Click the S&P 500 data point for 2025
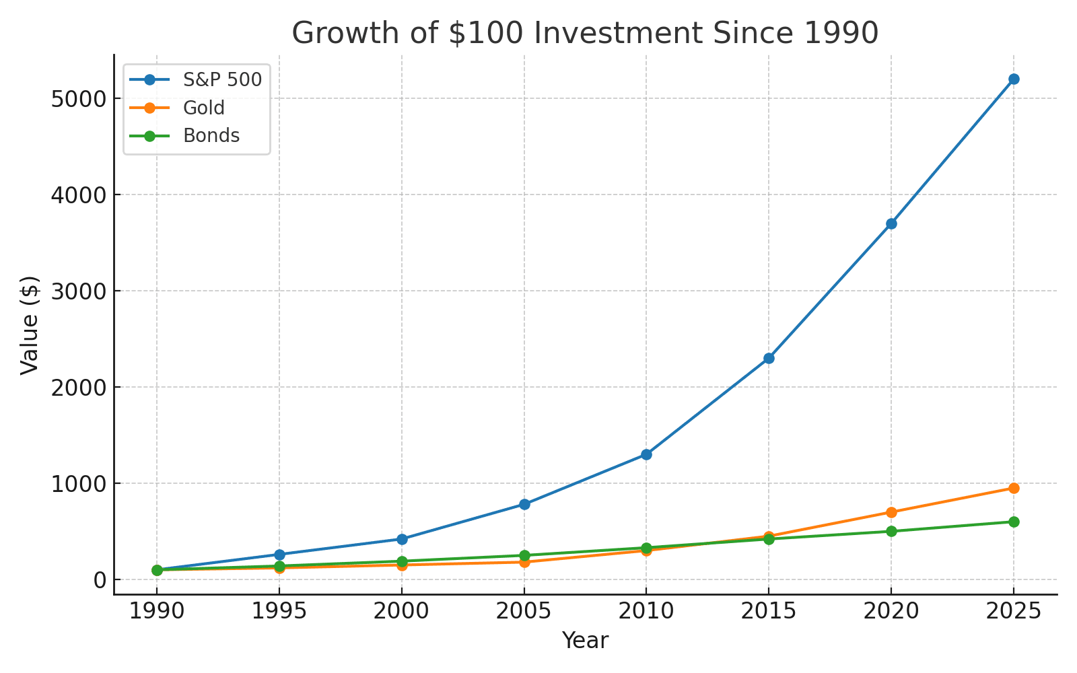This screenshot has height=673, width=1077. (1014, 79)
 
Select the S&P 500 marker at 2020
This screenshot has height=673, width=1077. (891, 223)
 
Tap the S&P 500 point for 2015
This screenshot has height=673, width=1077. (769, 358)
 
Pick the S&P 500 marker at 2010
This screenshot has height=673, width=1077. (646, 454)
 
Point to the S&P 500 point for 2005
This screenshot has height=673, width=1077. (524, 504)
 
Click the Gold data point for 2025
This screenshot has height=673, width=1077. (1014, 488)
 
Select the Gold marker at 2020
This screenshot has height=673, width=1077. (891, 512)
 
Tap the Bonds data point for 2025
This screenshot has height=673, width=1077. (1014, 522)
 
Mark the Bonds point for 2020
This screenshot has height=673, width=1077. (891, 531)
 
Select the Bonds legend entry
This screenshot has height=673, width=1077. (211, 136)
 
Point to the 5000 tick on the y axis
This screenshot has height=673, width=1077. (79, 99)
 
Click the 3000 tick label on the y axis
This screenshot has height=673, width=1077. (79, 291)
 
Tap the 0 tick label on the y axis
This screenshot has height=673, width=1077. (100, 580)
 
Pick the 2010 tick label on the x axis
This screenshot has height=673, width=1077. (646, 611)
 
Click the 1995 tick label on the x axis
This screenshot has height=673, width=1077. (279, 611)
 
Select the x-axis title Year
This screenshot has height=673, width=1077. (585, 641)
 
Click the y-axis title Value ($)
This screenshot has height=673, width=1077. (30, 325)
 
